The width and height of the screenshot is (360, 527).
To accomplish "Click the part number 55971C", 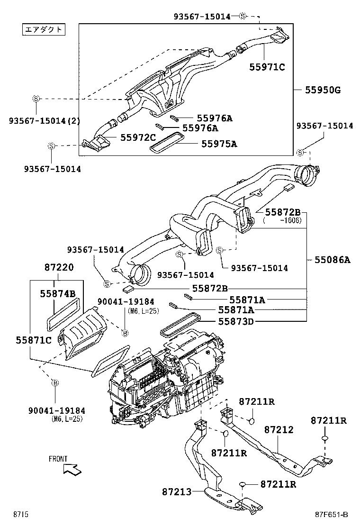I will click(x=267, y=67).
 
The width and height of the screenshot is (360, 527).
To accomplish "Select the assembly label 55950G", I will click(x=322, y=90).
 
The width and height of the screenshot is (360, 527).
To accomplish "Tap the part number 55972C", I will click(x=138, y=137).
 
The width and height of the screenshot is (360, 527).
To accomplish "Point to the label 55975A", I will click(x=219, y=144).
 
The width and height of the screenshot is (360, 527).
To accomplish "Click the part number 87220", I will click(x=59, y=268).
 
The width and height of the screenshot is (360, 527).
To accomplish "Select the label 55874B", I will click(x=58, y=294).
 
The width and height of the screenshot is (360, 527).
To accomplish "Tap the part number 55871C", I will click(x=33, y=340).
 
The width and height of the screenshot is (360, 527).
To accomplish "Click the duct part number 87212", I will click(x=279, y=430).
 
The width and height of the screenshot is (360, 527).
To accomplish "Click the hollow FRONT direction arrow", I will click(x=72, y=469).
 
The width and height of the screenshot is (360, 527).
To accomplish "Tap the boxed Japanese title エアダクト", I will click(x=43, y=29).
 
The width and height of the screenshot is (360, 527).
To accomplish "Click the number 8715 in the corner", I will click(x=21, y=515).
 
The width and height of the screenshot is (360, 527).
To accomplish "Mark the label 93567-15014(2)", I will click(x=44, y=121).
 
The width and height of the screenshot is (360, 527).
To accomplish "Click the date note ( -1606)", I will click(x=283, y=221).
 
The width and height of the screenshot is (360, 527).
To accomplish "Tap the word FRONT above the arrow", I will click(x=58, y=459).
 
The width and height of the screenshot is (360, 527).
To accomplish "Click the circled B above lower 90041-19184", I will click(x=54, y=382).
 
